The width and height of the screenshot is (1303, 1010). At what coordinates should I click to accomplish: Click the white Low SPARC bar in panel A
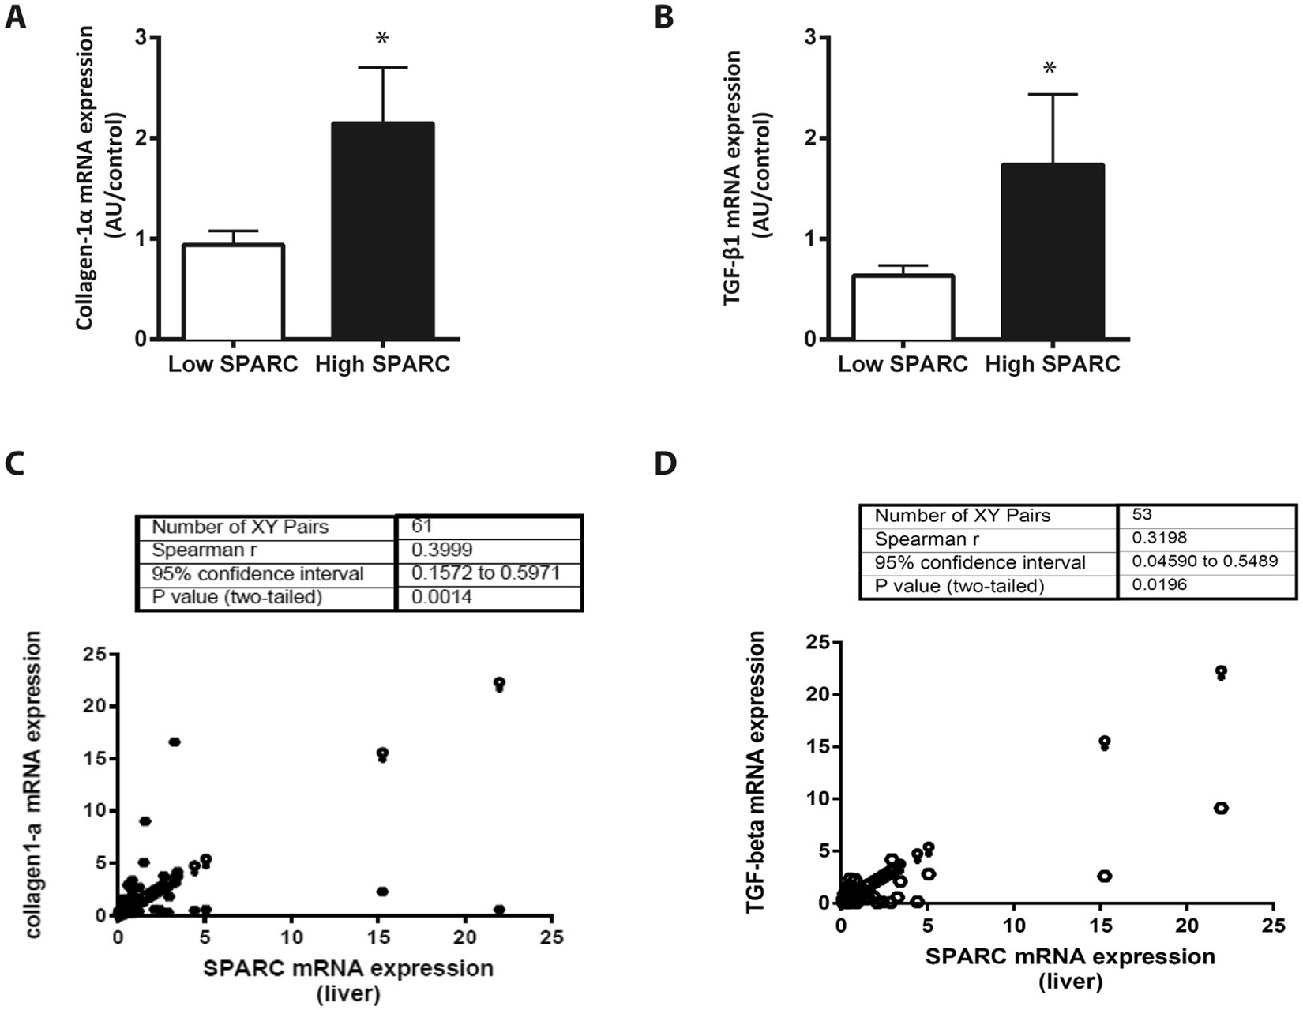(233, 292)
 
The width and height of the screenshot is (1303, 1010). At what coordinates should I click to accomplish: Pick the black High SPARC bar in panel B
(1053, 252)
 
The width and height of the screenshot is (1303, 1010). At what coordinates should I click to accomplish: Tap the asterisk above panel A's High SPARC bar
(382, 39)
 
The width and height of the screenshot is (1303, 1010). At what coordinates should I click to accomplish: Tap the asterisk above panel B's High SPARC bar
(1050, 69)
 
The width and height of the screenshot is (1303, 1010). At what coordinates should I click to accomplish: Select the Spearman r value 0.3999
(442, 550)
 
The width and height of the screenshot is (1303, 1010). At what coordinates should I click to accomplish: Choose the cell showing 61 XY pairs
(422, 527)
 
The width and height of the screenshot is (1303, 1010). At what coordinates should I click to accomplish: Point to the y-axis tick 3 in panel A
(141, 37)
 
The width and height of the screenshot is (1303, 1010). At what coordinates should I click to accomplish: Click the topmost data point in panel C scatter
(499, 683)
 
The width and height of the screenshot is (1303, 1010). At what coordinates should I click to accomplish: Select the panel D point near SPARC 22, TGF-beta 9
(1220, 808)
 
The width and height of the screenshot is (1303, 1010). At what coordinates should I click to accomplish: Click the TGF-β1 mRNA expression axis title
(746, 190)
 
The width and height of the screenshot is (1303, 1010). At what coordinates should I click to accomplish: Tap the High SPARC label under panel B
(1053, 365)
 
